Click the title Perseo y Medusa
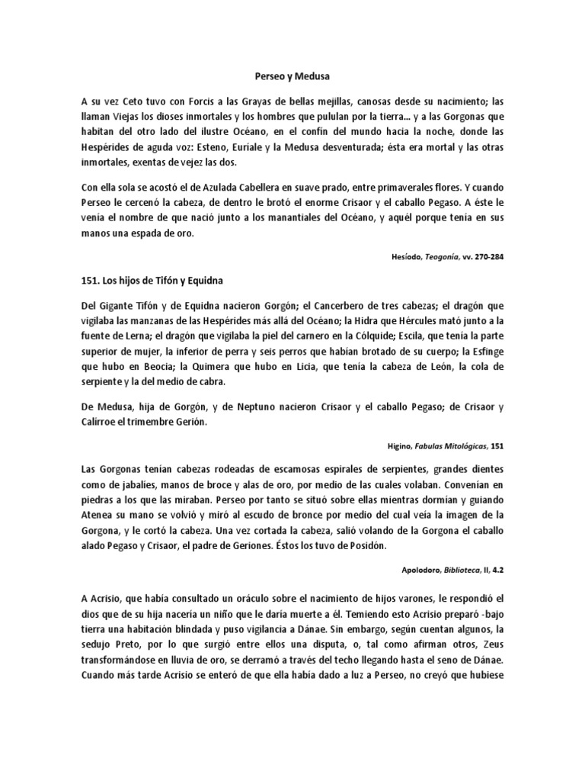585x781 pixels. coord(292,76)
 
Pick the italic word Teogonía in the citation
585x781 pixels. coord(436,256)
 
